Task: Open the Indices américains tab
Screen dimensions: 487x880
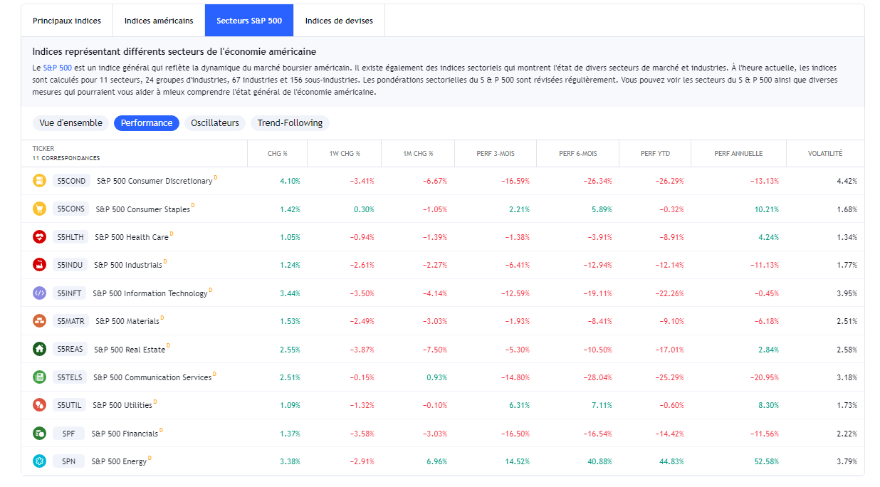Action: (159, 21)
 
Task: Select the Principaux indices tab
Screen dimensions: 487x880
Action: (67, 21)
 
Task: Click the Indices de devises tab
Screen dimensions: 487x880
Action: (339, 21)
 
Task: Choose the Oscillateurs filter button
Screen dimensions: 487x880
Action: (215, 123)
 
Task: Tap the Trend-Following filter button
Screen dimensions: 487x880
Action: (290, 123)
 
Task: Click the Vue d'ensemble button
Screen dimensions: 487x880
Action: (70, 123)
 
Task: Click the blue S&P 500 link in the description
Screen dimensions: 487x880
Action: (57, 67)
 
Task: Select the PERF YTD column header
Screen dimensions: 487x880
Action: (655, 154)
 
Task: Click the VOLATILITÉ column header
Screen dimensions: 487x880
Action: (825, 154)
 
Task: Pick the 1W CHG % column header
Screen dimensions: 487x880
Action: (344, 154)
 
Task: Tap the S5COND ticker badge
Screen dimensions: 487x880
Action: (71, 181)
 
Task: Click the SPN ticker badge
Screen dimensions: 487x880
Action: (68, 461)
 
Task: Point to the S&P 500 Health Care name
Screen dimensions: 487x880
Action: (132, 237)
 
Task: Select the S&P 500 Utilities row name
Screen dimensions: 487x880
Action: (122, 405)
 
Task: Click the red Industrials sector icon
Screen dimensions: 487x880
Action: (39, 265)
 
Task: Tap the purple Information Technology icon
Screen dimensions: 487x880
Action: (39, 293)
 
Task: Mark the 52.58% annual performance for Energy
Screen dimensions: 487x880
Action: (767, 461)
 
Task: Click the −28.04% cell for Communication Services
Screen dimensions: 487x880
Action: (596, 377)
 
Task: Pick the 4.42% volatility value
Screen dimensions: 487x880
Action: (847, 181)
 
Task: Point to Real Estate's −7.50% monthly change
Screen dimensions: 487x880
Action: (434, 350)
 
